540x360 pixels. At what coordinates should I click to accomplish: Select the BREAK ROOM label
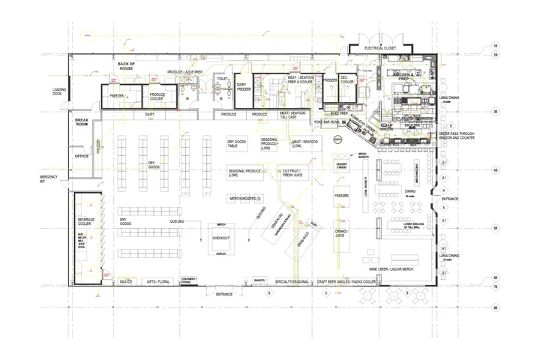[x=82, y=122]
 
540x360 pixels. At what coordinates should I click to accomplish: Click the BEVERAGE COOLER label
[x=87, y=222]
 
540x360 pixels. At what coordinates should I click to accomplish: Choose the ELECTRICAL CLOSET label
[x=379, y=47]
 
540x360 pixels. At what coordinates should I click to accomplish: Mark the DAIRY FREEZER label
[x=243, y=87]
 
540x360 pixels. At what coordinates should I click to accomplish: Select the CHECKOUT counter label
[x=221, y=238]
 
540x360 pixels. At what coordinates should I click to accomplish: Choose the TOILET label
[x=222, y=78]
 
